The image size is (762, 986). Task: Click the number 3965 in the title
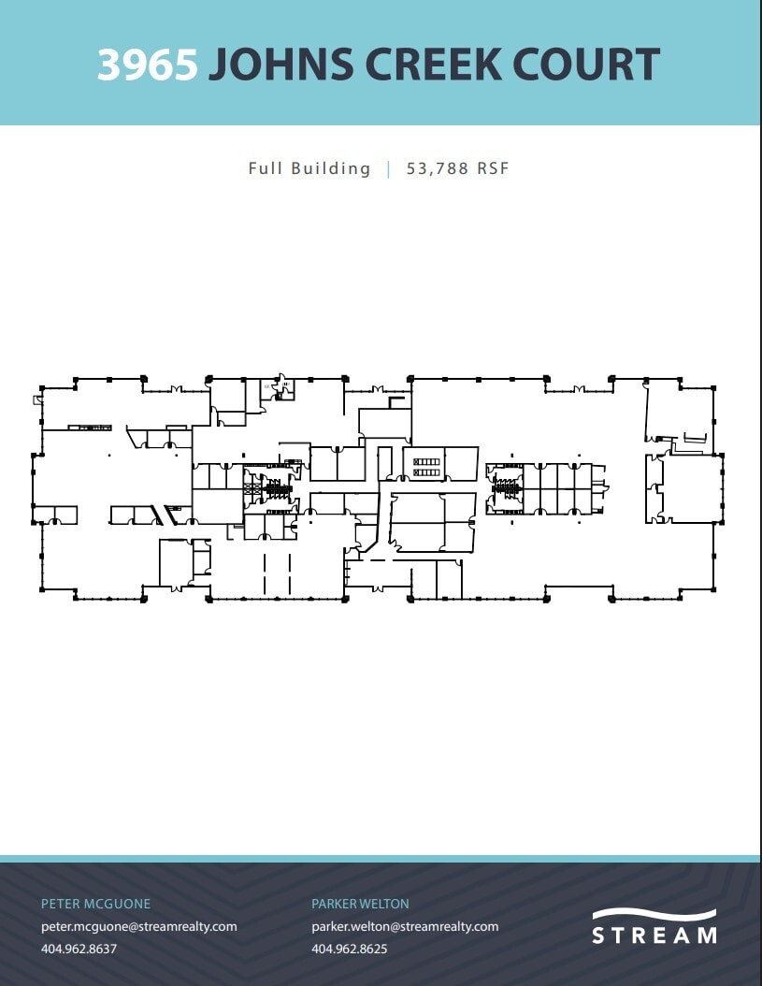click(148, 65)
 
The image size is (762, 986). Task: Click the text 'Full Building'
click(309, 168)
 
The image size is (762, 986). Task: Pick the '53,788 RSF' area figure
click(457, 168)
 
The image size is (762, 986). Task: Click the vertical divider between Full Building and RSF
click(389, 168)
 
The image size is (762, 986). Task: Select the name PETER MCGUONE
click(95, 904)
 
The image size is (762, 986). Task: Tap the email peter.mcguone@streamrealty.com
click(138, 926)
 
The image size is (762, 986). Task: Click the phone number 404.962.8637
click(79, 949)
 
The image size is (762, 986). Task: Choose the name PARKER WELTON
click(360, 904)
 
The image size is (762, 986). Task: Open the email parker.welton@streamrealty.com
click(405, 926)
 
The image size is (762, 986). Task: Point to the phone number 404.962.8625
click(349, 949)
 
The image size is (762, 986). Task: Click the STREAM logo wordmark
click(654, 935)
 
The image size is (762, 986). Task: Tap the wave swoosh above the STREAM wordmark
click(654, 914)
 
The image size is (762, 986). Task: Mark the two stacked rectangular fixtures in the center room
click(425, 466)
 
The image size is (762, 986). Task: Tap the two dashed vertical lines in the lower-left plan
click(277, 573)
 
